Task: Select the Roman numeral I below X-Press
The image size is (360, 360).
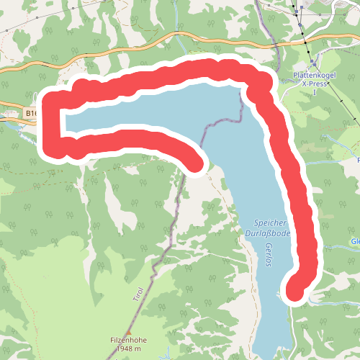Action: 315,93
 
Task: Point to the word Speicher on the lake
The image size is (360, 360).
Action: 270,222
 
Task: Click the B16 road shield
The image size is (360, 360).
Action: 32,113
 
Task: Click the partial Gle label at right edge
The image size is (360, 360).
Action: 354,240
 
